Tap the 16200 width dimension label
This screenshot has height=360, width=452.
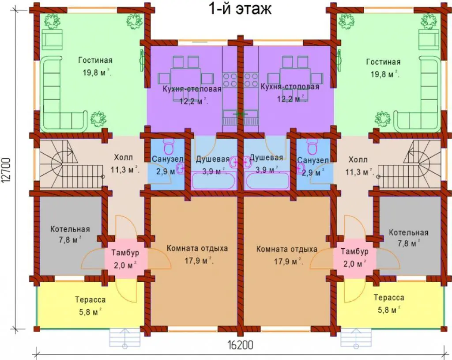point(240,345)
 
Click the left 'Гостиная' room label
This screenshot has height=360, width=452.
point(95,60)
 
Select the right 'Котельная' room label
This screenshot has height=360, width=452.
point(408,232)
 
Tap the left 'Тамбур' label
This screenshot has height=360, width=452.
point(125,253)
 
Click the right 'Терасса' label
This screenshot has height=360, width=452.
point(389,298)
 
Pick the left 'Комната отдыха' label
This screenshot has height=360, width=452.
point(197,248)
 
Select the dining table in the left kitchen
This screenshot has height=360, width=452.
point(186,79)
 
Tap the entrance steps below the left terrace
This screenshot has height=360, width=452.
point(125,338)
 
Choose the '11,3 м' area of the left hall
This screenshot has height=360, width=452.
point(125,170)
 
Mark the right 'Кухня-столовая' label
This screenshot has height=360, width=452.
point(290,87)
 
